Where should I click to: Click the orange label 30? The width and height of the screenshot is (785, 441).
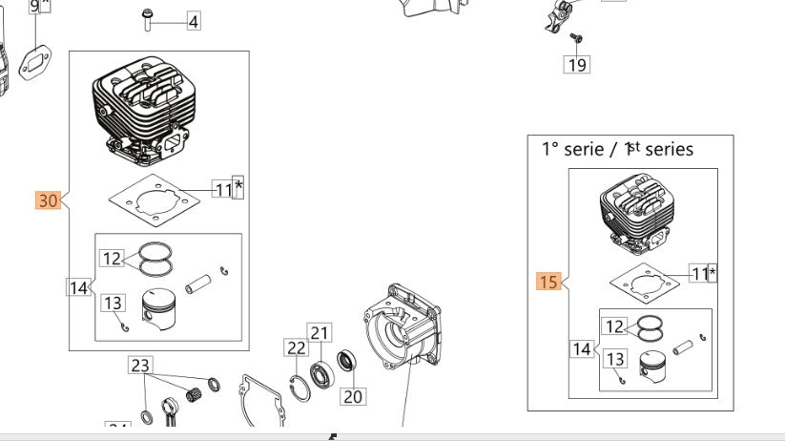pyautogui.click(x=48, y=200)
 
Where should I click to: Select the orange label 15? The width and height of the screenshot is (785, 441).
pyautogui.click(x=547, y=282)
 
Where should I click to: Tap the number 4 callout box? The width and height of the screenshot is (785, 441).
pyautogui.click(x=193, y=21)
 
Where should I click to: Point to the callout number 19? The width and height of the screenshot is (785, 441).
pyautogui.click(x=576, y=64)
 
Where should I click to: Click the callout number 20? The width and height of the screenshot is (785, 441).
pyautogui.click(x=353, y=396)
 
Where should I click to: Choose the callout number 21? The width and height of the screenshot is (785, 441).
pyautogui.click(x=319, y=333)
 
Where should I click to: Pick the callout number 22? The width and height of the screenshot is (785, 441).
pyautogui.click(x=297, y=349)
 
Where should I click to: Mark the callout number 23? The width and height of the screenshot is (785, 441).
pyautogui.click(x=140, y=365)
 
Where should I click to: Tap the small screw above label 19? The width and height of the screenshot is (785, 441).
pyautogui.click(x=576, y=37)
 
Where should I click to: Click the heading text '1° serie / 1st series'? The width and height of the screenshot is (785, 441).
pyautogui.click(x=617, y=149)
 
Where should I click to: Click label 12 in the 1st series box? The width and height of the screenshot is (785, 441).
pyautogui.click(x=614, y=326)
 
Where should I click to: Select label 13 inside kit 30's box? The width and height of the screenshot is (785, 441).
pyautogui.click(x=113, y=303)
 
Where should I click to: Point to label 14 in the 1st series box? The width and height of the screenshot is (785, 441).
pyautogui.click(x=582, y=349)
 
